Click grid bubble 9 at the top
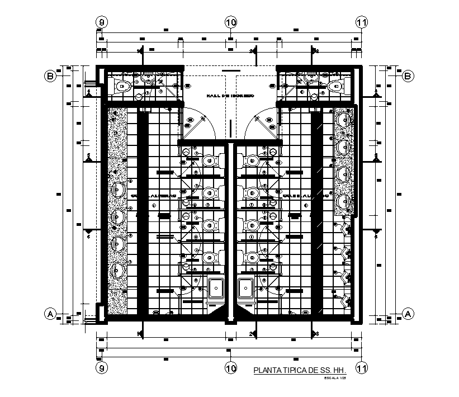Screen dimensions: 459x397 click(x=101, y=22)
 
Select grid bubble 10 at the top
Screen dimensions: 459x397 click(x=231, y=22)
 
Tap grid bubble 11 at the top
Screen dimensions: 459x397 click(x=362, y=22)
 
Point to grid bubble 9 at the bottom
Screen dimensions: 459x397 click(x=101, y=368)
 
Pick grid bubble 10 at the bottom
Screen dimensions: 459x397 click(x=231, y=368)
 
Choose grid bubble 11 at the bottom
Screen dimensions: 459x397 click(x=362, y=368)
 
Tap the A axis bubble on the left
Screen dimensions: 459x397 click(x=50, y=315)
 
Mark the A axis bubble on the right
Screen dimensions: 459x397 click(x=408, y=315)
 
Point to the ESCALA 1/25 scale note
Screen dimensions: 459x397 click(x=335, y=379)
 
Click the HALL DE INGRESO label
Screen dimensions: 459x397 click(x=230, y=96)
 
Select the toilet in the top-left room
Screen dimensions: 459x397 click(x=122, y=86)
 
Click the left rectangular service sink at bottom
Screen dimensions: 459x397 click(x=216, y=289)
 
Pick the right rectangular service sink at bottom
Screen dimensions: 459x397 click(x=246, y=289)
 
